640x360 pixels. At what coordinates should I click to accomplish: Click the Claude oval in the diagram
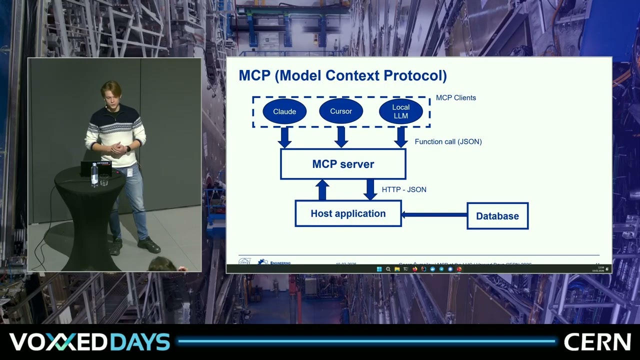[284, 111]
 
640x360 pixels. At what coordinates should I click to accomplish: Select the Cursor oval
[341, 111]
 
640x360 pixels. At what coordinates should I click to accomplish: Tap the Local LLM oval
[400, 111]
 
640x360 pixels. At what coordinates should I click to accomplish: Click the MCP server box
[343, 164]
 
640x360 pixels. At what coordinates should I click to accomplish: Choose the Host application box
[348, 213]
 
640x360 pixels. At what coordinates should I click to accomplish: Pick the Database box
[497, 216]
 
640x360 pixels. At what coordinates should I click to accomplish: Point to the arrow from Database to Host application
[434, 215]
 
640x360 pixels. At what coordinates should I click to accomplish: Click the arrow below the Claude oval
[284, 137]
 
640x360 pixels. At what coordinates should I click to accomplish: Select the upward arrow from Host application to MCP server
[322, 190]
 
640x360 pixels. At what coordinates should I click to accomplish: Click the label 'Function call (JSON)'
[448, 141]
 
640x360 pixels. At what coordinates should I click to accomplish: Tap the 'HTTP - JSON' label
[404, 189]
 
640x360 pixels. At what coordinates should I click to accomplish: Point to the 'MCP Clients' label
[456, 98]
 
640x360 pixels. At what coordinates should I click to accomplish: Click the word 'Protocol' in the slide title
[415, 75]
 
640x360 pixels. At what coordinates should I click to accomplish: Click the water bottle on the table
[94, 174]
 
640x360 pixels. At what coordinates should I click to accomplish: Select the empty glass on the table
[104, 180]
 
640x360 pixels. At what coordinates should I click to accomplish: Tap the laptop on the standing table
[96, 168]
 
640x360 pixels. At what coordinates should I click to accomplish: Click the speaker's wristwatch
[128, 148]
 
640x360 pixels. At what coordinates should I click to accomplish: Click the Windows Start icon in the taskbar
[379, 269]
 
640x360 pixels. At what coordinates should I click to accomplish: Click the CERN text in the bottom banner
[597, 342]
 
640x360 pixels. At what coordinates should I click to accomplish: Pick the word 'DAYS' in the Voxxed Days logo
[139, 342]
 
